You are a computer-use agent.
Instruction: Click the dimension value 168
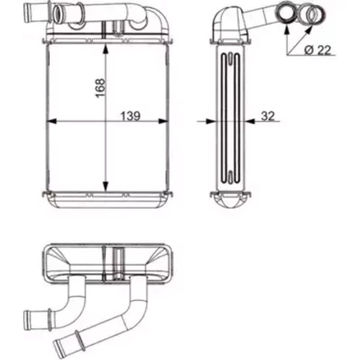coord(100,88)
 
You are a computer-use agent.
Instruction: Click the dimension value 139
coord(130,117)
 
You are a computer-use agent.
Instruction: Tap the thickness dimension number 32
coord(268,116)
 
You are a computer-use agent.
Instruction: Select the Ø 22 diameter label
coord(318,50)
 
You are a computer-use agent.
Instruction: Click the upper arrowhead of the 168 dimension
coord(105,49)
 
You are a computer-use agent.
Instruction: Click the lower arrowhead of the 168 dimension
coord(105,186)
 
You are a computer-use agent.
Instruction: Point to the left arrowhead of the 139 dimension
coord(51,121)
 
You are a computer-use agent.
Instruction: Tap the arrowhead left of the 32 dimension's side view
coord(210,122)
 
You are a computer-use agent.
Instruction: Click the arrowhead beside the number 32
coord(251,122)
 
